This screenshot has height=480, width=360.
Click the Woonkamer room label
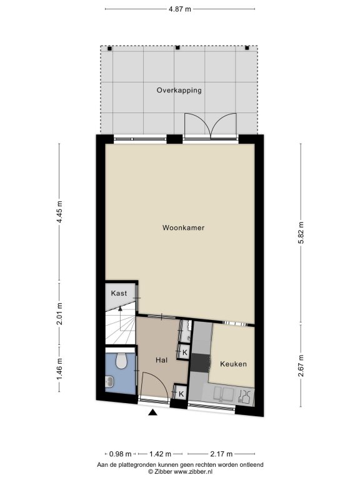tap(183, 227)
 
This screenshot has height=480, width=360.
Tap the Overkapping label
tap(179, 90)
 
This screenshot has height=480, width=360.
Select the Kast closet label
tap(119, 293)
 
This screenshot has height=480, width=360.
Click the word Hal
tap(161, 360)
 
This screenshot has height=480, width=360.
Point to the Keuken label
tap(233, 364)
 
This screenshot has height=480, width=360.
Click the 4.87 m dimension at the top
tap(180, 9)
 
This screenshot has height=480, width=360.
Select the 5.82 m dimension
tap(301, 232)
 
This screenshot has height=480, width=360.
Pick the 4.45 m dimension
tap(60, 212)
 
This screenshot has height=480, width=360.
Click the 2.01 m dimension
tap(60, 314)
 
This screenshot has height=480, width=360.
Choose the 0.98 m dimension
tap(120, 454)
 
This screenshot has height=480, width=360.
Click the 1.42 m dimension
tap(160, 454)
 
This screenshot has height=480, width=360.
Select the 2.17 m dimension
tap(221, 454)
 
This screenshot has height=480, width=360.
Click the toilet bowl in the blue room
tap(121, 361)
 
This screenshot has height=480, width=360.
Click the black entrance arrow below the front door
tap(152, 412)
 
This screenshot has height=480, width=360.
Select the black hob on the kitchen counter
tap(201, 363)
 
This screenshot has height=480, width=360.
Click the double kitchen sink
tap(224, 394)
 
